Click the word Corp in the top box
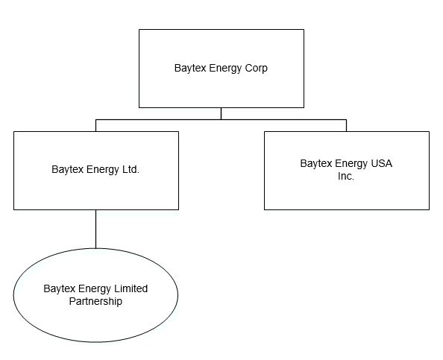pyautogui.click(x=256, y=68)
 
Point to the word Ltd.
pyautogui.click(x=131, y=169)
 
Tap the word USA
pyautogui.click(x=381, y=163)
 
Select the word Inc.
pyautogui.click(x=346, y=176)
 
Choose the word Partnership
pyautogui.click(x=95, y=301)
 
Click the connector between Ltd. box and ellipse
pyautogui.click(x=95, y=230)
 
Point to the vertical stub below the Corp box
pyautogui.click(x=221, y=114)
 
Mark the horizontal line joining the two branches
pyautogui.click(x=221, y=120)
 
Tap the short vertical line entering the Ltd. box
pyautogui.click(x=95, y=126)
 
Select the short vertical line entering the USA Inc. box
pyautogui.click(x=346, y=126)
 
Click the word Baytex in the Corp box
pyautogui.click(x=190, y=69)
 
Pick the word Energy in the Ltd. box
pyautogui.click(x=103, y=170)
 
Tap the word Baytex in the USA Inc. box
pyautogui.click(x=316, y=164)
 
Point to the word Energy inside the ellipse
pyautogui.click(x=95, y=289)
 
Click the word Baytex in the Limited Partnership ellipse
pyautogui.click(x=60, y=289)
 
